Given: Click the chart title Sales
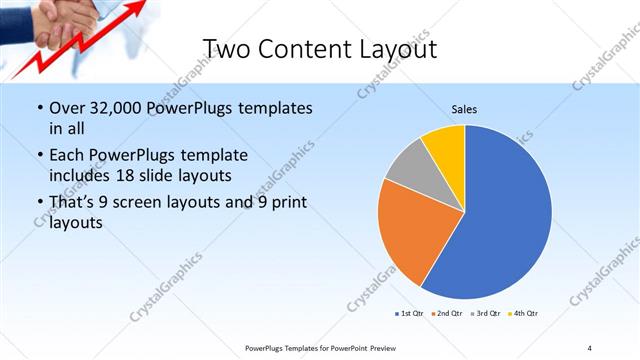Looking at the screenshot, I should click(x=464, y=108).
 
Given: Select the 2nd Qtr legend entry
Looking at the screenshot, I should click(x=445, y=314).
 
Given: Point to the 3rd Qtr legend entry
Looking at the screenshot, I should click(x=484, y=314).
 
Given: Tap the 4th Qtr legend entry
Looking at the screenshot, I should click(x=522, y=314).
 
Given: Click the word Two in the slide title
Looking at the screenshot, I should click(x=224, y=49).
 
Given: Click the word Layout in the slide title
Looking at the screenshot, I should click(x=397, y=49).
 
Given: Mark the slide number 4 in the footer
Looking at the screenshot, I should click(x=590, y=347).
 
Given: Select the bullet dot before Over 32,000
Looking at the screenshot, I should click(x=39, y=108).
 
